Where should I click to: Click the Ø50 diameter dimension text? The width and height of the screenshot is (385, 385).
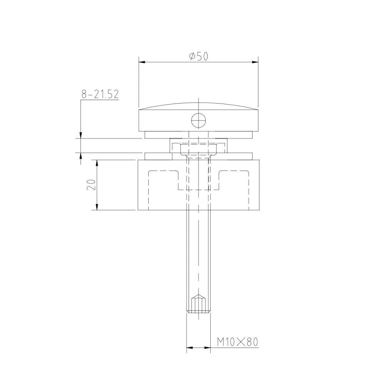[199, 57]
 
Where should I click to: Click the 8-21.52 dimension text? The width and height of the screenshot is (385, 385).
[100, 94]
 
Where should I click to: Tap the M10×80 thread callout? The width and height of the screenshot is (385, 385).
[237, 341]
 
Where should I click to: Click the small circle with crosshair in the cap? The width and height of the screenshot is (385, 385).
[198, 121]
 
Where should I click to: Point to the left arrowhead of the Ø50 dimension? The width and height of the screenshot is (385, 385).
[141, 62]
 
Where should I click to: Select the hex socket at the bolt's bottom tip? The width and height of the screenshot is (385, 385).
[198, 304]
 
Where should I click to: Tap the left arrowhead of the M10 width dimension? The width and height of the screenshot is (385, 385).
[189, 348]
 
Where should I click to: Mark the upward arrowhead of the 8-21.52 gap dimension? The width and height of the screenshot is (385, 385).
[81, 156]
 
